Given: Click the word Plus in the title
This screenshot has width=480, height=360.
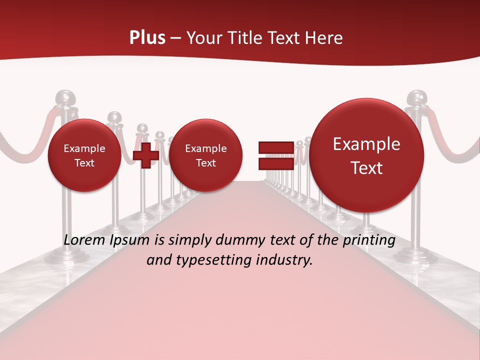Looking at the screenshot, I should pyautogui.click(x=147, y=38).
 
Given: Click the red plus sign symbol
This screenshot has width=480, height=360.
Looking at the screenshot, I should pyautogui.click(x=146, y=155).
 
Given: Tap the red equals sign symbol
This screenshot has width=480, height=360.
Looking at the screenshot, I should pyautogui.click(x=276, y=155).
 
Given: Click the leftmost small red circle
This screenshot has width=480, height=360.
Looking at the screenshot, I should pyautogui.click(x=84, y=155).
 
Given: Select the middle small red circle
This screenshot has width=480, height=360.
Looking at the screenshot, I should pyautogui.click(x=205, y=155).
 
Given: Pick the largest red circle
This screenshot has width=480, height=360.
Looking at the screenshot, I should pyautogui.click(x=366, y=155).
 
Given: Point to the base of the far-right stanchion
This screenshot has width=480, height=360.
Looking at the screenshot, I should pyautogui.click(x=415, y=255).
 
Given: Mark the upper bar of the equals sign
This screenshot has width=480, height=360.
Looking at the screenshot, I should pyautogui.click(x=276, y=147).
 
